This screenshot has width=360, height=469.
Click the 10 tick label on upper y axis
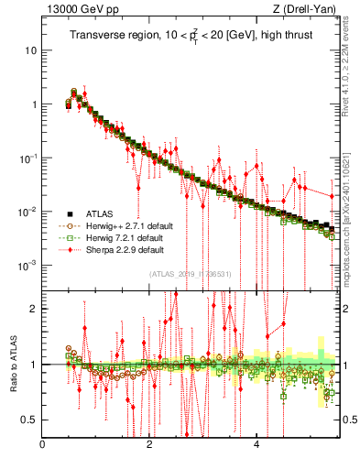pos(30,49)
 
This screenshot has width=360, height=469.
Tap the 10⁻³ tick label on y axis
pos(27,265)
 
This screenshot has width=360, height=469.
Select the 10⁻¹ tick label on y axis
pos(27,158)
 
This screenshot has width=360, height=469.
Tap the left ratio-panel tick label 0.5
pos(29,420)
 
